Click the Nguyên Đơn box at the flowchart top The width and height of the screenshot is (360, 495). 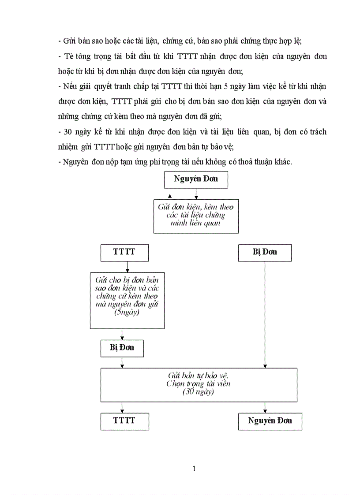(195, 179)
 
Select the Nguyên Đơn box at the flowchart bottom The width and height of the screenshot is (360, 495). (270, 421)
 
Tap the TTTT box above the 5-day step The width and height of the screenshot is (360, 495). (124, 252)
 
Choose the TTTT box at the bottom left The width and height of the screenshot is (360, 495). (124, 421)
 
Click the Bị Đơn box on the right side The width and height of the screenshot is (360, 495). (265, 252)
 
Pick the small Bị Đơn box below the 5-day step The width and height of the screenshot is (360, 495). (122, 348)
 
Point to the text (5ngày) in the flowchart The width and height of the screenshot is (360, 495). (127, 312)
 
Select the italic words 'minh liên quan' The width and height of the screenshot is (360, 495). (195, 223)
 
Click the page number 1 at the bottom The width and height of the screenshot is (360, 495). (194, 469)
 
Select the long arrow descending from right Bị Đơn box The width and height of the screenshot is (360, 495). (265, 313)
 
